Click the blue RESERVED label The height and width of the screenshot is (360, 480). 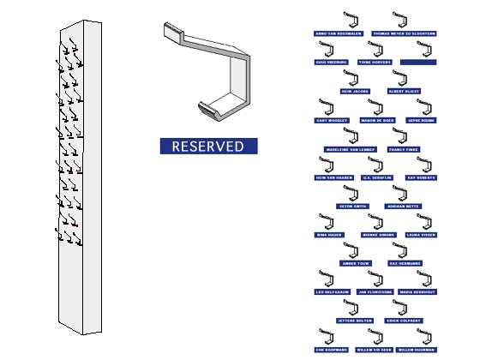(x=208, y=146)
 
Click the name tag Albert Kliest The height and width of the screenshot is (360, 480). (x=403, y=90)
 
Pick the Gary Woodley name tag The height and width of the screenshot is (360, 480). (x=332, y=121)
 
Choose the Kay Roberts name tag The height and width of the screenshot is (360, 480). (x=421, y=177)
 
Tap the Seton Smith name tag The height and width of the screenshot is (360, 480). (x=353, y=207)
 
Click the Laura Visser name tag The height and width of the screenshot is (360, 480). (x=421, y=234)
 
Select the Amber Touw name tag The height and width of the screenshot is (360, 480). (x=356, y=263)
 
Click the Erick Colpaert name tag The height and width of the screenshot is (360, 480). (x=404, y=321)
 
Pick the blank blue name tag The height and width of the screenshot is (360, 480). (x=418, y=62)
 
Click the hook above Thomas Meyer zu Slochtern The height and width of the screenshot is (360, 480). (x=400, y=20)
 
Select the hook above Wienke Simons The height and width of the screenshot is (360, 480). (x=375, y=221)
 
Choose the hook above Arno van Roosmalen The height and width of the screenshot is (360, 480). (x=350, y=20)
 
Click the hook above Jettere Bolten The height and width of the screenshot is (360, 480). (x=352, y=308)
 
